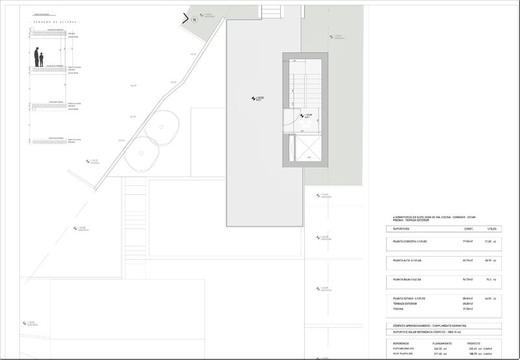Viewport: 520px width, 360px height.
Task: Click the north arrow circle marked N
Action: coord(194,19)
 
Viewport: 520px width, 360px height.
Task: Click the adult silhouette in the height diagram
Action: coord(36,57)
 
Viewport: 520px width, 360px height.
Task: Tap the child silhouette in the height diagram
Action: coord(42,60)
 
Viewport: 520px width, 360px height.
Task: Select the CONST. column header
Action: coord(467,229)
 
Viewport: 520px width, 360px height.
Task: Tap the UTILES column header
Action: coord(491,229)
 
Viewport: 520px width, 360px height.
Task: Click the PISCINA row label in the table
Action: coord(399,309)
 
